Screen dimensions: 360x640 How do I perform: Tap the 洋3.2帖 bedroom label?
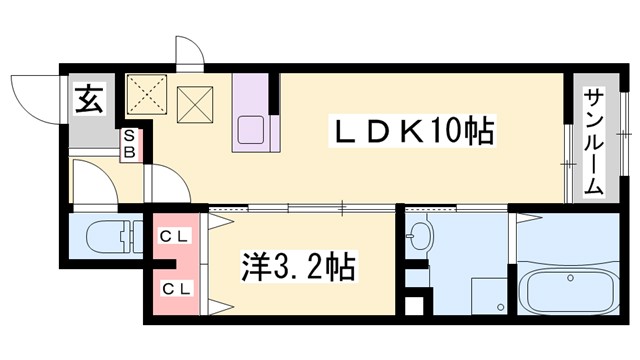coord(297,268)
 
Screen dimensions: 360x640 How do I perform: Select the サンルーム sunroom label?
coord(592,140)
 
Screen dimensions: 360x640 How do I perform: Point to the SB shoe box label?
coord(130,146)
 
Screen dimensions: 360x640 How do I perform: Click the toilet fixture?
coord(106,239)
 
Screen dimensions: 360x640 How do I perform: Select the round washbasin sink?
coord(422,238)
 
